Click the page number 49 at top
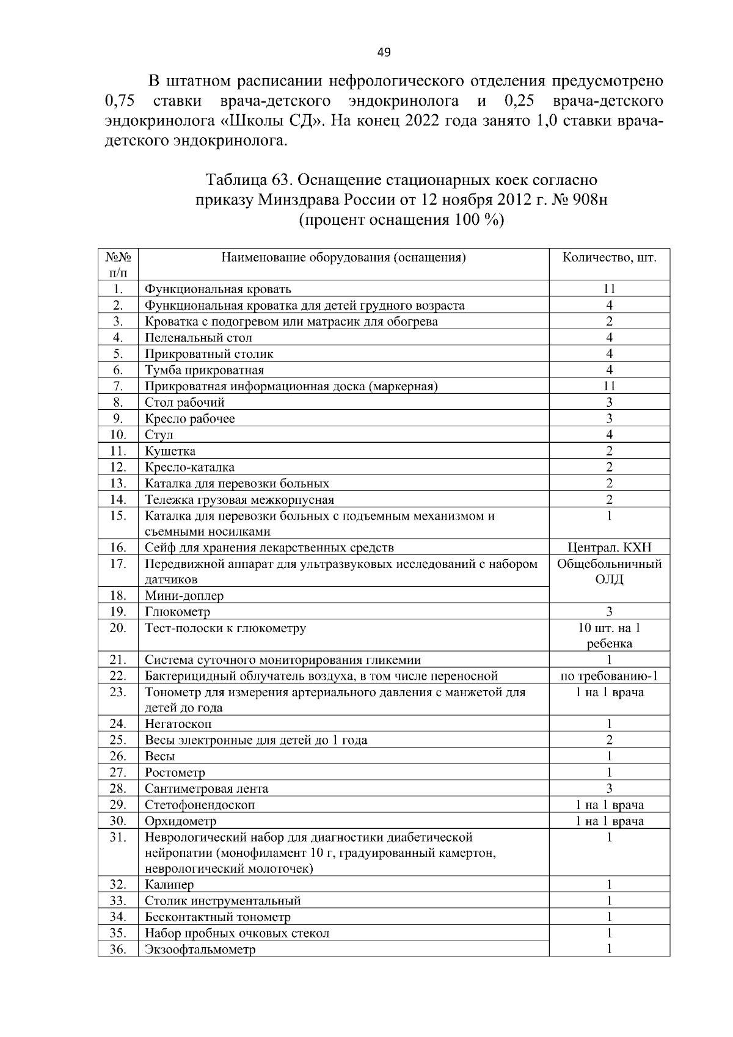(x=384, y=53)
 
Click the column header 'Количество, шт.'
(x=609, y=257)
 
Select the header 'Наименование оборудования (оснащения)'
(x=343, y=257)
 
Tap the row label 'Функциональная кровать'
(x=217, y=289)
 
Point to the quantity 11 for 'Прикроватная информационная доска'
(x=609, y=386)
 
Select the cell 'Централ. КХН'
(x=609, y=548)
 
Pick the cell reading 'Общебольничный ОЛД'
(x=609, y=572)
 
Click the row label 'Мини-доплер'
(x=184, y=595)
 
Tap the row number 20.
(x=118, y=628)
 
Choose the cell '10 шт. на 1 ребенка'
(x=609, y=636)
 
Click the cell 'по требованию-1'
(x=609, y=676)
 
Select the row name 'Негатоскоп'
(x=178, y=724)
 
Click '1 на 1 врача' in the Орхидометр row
(x=609, y=821)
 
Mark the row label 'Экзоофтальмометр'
(x=200, y=950)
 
